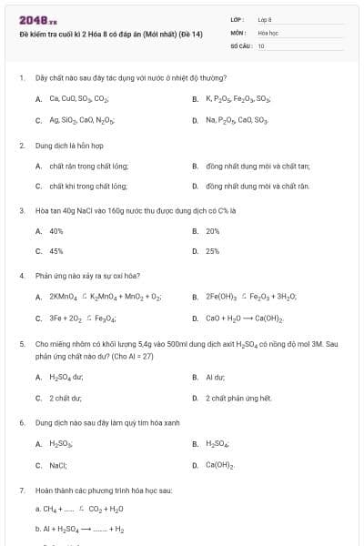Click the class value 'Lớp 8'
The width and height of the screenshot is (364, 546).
point(265,19)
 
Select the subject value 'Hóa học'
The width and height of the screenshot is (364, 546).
point(268,32)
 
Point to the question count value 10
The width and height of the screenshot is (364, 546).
point(261,45)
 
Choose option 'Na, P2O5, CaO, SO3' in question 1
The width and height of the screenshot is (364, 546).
point(237,120)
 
